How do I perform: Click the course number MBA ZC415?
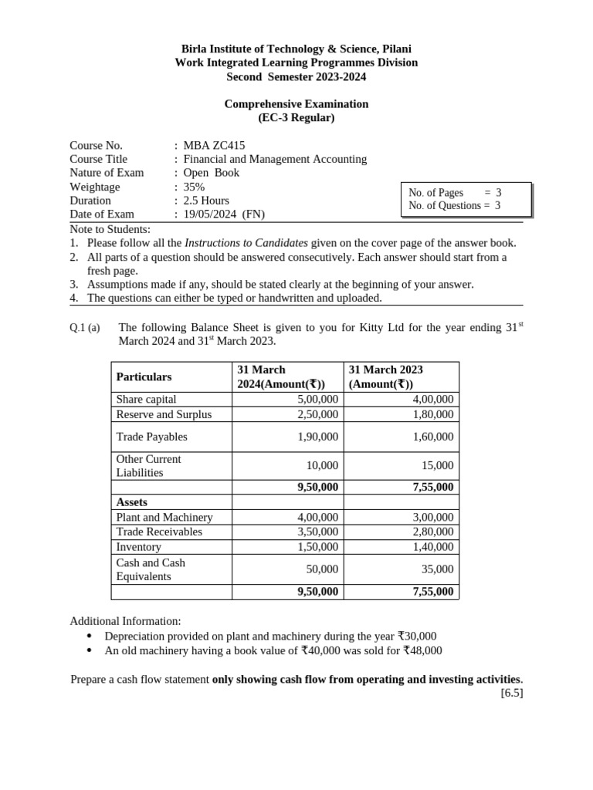click(x=214, y=145)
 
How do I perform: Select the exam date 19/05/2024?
click(x=212, y=214)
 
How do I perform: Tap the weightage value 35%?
click(x=195, y=187)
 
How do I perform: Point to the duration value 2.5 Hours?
click(x=206, y=201)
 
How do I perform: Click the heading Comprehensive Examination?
click(x=296, y=104)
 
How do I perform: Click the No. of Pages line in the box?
click(x=455, y=193)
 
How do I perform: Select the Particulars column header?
click(x=144, y=376)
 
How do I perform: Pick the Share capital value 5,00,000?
click(x=317, y=400)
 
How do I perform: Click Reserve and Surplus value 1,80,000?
click(x=433, y=414)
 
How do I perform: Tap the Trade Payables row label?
click(x=151, y=437)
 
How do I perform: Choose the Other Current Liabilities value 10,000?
click(x=323, y=466)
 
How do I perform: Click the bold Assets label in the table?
click(x=131, y=502)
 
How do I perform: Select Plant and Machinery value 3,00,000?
click(x=433, y=518)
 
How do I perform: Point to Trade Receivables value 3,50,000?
click(x=317, y=532)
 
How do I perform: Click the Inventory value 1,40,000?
click(x=433, y=547)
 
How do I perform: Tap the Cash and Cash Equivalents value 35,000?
click(x=439, y=569)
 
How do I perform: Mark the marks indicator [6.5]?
click(x=511, y=693)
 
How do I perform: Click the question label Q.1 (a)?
click(x=85, y=328)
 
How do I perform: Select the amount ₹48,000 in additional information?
click(x=421, y=650)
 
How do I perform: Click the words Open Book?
click(x=211, y=173)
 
